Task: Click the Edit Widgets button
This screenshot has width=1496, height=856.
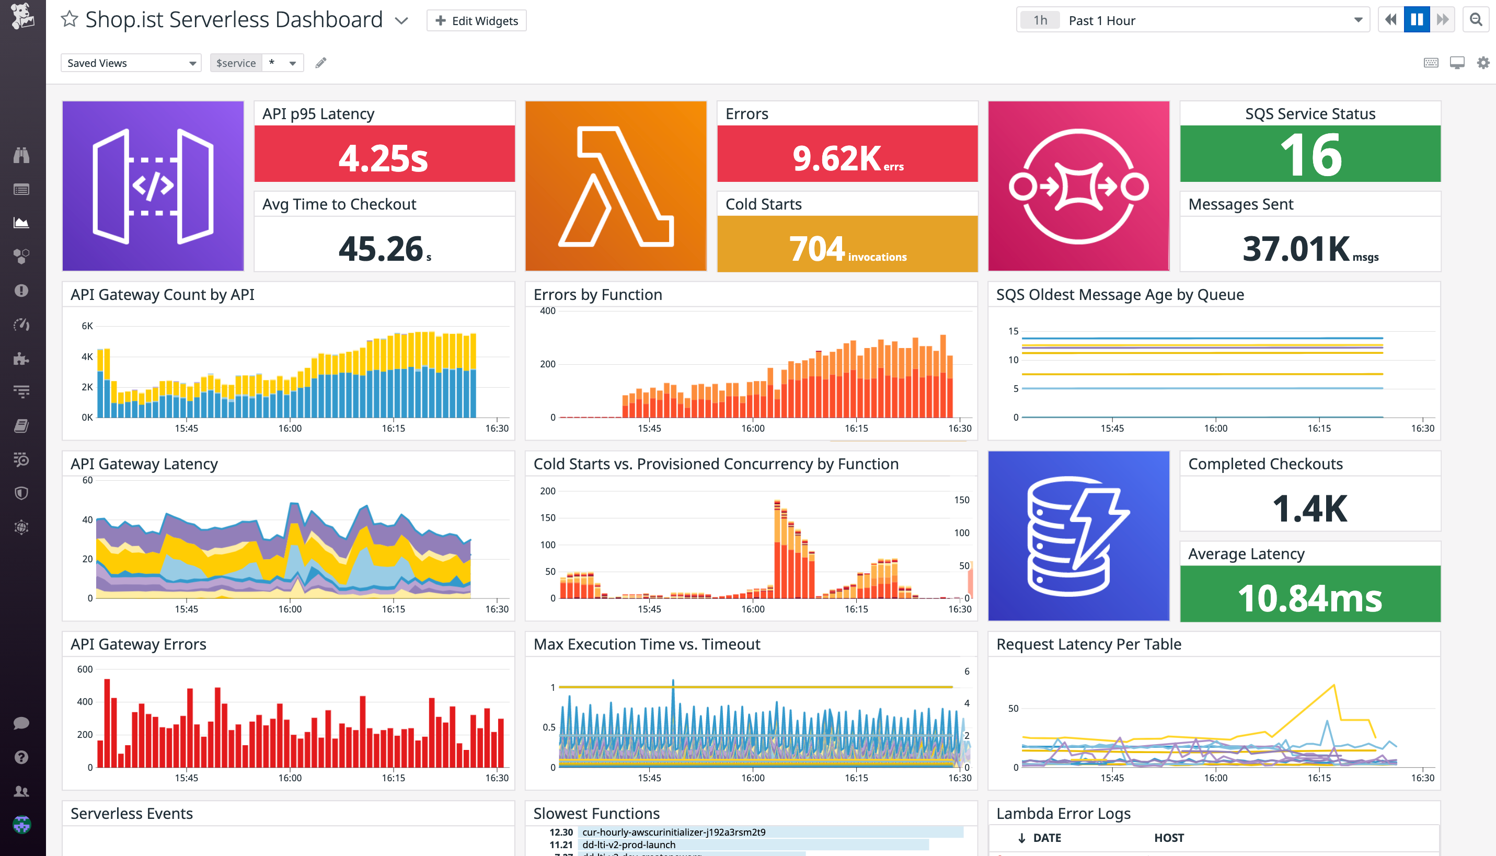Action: (476, 20)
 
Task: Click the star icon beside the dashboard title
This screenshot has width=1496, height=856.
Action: (70, 19)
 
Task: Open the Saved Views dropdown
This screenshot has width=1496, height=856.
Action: (131, 63)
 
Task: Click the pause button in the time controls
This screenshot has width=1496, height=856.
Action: (1417, 20)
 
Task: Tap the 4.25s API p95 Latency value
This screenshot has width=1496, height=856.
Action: (384, 158)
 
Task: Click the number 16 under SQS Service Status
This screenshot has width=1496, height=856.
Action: (1311, 155)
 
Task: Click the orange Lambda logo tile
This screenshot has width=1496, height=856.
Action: (616, 186)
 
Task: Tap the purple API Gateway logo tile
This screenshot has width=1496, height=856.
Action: (153, 186)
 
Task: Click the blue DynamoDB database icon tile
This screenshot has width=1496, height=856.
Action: (1078, 536)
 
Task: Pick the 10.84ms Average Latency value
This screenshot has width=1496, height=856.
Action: (1309, 598)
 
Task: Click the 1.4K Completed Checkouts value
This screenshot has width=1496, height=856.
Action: (1309, 508)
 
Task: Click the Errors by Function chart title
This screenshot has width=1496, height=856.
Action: (597, 295)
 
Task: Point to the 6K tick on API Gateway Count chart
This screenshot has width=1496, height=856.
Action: (87, 326)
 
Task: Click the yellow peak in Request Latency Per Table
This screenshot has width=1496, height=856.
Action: (1334, 686)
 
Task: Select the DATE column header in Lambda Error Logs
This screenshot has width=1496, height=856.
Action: (1046, 838)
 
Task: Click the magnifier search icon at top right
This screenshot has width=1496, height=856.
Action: (1476, 20)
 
